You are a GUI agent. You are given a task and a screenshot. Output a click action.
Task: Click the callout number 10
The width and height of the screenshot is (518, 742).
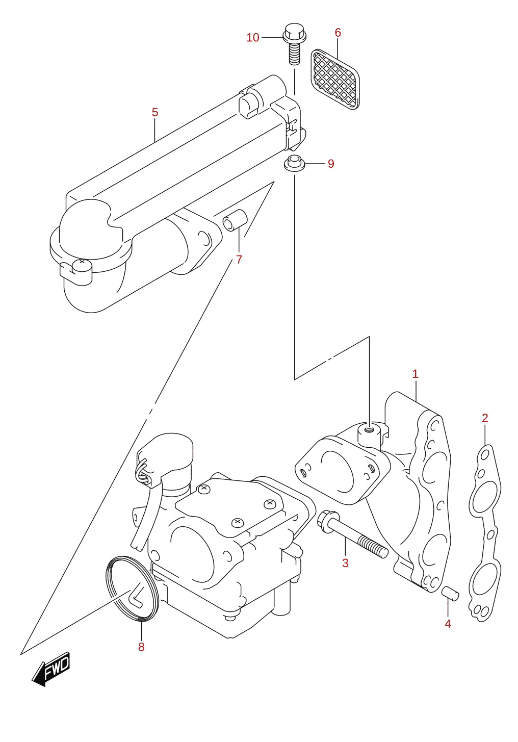tap(252, 38)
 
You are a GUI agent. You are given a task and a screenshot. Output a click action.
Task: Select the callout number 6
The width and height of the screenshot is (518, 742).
tap(338, 33)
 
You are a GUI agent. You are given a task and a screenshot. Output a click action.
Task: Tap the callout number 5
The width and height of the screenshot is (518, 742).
tap(155, 112)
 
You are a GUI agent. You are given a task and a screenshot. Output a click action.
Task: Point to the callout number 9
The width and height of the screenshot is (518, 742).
tap(331, 163)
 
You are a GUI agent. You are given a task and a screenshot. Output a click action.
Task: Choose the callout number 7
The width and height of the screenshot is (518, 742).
tap(239, 260)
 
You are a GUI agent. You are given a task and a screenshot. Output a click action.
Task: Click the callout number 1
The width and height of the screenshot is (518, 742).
tap(416, 374)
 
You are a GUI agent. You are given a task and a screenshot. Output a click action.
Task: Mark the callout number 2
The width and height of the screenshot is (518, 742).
tap(485, 418)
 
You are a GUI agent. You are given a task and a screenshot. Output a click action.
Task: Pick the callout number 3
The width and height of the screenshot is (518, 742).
tap(345, 562)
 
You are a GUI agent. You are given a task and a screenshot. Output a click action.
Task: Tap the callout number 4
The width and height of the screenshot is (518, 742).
tap(448, 624)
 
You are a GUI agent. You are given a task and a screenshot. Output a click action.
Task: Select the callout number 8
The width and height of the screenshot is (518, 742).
tap(141, 647)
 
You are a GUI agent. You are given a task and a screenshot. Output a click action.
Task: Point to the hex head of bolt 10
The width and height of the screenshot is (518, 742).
tap(294, 32)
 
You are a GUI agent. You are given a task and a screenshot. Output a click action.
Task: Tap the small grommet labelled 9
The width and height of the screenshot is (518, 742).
tap(294, 163)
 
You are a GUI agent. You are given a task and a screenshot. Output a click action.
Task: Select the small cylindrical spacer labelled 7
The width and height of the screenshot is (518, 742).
tap(235, 220)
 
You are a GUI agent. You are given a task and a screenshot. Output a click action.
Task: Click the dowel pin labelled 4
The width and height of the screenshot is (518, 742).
tap(450, 593)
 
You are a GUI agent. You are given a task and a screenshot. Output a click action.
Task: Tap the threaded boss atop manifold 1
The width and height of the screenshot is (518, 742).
tap(370, 433)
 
